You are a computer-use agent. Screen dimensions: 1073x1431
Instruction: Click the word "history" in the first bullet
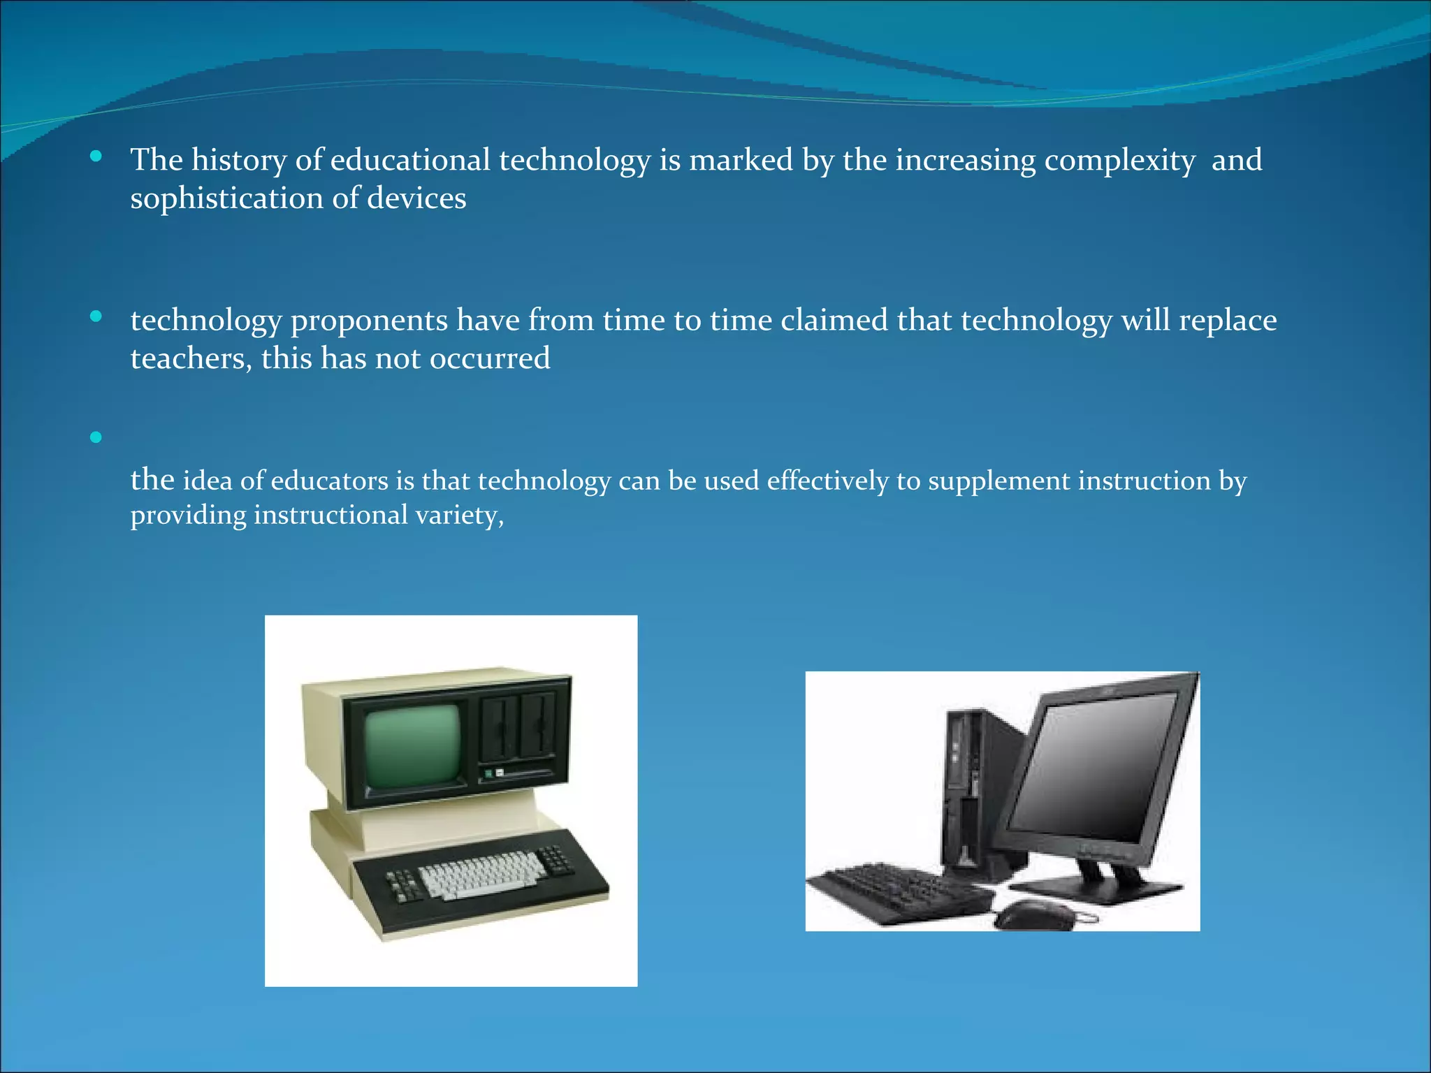click(x=238, y=161)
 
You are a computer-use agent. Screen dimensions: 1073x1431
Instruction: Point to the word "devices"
click(x=416, y=198)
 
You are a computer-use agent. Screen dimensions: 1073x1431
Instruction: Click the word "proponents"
click(x=369, y=321)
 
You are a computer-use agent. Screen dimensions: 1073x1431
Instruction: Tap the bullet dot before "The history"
click(x=96, y=156)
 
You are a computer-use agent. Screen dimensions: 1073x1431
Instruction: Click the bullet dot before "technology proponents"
click(x=96, y=317)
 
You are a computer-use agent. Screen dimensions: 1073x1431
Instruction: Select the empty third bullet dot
click(x=96, y=438)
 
